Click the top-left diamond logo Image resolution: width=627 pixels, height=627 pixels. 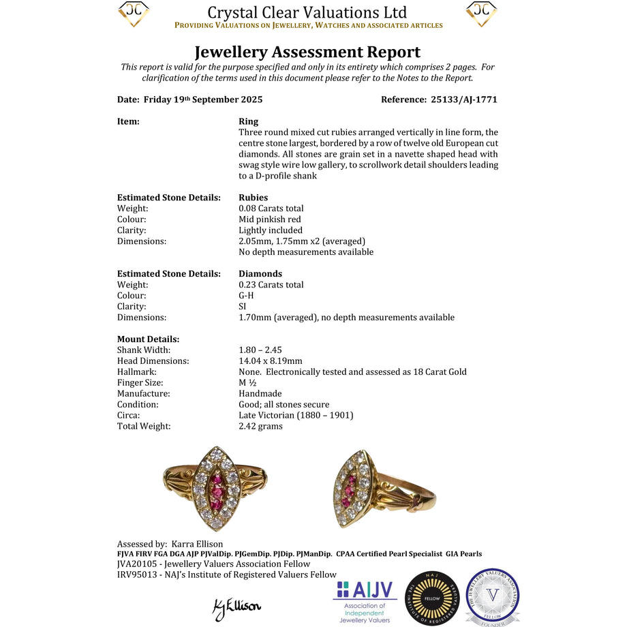(x=134, y=14)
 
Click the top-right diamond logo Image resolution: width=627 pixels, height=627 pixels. (x=481, y=14)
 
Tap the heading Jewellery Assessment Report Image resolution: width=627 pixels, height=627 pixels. (x=307, y=52)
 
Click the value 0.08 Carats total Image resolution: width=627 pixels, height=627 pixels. (x=271, y=209)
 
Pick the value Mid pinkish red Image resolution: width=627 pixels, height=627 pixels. (x=270, y=219)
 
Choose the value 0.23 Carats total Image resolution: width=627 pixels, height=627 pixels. (x=271, y=285)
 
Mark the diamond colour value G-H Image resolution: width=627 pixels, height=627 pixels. (x=247, y=296)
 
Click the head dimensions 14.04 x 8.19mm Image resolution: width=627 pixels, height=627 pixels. (x=271, y=361)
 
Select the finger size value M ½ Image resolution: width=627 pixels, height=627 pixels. (x=248, y=383)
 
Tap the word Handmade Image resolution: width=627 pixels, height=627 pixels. (x=260, y=394)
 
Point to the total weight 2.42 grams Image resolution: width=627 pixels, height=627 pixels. (x=260, y=427)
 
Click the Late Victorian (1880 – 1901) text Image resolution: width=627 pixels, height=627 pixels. (x=296, y=416)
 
